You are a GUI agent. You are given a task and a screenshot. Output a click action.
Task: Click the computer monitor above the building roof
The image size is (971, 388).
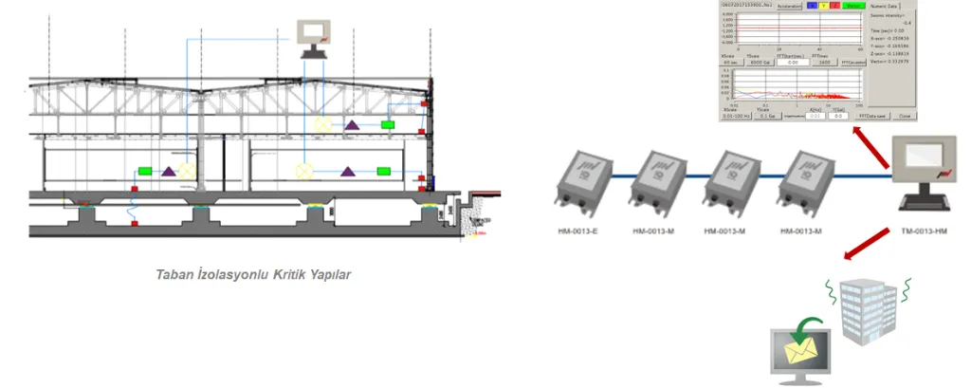click(x=312, y=38)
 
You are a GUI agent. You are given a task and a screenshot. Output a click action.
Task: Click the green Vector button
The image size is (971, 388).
click(x=853, y=6)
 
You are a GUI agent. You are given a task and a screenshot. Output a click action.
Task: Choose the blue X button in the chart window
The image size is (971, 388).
click(x=813, y=6)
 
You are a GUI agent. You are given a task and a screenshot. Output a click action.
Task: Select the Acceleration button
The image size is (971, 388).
click(x=789, y=6)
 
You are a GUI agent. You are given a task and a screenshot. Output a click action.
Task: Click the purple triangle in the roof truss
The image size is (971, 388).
click(x=350, y=125)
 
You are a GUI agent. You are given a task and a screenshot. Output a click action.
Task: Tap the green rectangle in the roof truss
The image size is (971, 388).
click(x=388, y=124)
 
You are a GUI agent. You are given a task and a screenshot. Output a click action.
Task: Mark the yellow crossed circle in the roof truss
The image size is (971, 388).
click(x=323, y=123)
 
